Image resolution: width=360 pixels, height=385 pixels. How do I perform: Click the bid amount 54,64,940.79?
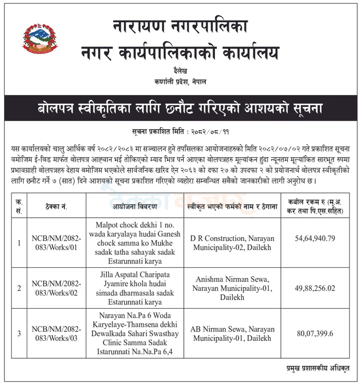tap(315, 239)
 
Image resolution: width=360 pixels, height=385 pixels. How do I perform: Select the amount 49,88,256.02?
tap(315, 288)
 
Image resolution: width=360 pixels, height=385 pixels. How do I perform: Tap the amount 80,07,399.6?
tap(315, 333)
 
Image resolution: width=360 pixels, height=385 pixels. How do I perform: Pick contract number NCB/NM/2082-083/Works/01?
tap(56, 243)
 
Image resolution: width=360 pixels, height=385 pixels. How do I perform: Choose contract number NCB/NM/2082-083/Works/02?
tap(56, 288)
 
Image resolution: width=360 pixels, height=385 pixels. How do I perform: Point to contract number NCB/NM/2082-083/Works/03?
tap(56, 333)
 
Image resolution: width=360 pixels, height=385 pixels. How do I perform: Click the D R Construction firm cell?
tap(232, 243)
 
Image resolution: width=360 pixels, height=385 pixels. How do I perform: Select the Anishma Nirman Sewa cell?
tap(232, 288)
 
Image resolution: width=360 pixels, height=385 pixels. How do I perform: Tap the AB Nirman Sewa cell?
tap(232, 334)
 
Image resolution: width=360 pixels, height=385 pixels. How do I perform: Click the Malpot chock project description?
tap(135, 243)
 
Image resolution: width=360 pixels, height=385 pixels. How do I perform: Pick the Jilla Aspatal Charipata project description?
tap(135, 288)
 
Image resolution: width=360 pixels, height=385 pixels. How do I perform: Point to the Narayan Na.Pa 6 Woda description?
tap(135, 334)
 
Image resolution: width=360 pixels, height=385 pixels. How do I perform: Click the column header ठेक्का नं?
tap(56, 207)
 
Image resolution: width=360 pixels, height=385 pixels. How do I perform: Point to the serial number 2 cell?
tap(19, 288)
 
